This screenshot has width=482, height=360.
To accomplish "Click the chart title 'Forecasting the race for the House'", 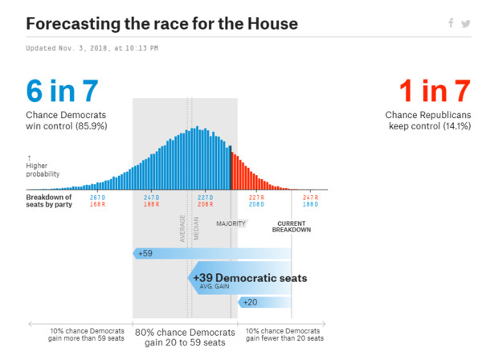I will click(161, 23).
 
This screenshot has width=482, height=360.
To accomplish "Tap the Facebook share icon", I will click(451, 23).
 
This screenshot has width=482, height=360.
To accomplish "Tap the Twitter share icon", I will click(466, 23).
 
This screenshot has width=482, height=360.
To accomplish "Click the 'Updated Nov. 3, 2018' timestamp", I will click(92, 48).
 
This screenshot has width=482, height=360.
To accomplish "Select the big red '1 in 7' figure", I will click(435, 92).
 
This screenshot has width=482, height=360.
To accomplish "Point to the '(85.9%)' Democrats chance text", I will click(89, 126).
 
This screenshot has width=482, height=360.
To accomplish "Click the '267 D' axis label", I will click(97, 197).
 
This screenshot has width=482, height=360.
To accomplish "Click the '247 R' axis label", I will click(310, 197).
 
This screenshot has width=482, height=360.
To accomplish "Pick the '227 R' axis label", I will click(255, 197).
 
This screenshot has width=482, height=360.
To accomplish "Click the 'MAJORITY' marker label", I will click(231, 223).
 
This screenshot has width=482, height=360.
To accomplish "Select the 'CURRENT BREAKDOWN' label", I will click(292, 227).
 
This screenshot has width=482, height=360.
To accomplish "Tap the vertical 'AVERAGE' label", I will click(182, 227).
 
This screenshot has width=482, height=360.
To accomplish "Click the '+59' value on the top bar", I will click(145, 253).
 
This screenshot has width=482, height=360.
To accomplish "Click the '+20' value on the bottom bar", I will click(250, 302).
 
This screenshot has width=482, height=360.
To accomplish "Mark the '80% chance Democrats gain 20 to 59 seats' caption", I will click(185, 337).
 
